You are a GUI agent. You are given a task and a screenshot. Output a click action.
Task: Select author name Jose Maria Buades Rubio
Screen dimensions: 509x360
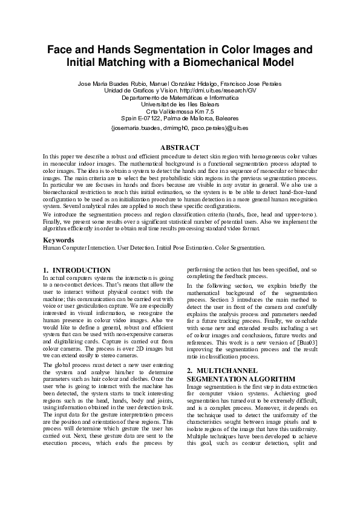point(112,83)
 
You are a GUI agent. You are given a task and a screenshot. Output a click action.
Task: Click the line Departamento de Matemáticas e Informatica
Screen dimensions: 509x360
point(180,97)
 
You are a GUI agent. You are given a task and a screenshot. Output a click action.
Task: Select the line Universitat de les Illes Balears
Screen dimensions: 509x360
point(180,105)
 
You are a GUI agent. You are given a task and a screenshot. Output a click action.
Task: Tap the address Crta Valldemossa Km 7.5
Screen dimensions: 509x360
point(180,112)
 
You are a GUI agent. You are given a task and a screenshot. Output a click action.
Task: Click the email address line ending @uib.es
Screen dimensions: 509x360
point(180,128)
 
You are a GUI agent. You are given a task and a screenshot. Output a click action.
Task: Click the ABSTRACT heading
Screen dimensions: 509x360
point(180,148)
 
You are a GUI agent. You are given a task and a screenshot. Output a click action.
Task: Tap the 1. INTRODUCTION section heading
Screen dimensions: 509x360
point(77,270)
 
